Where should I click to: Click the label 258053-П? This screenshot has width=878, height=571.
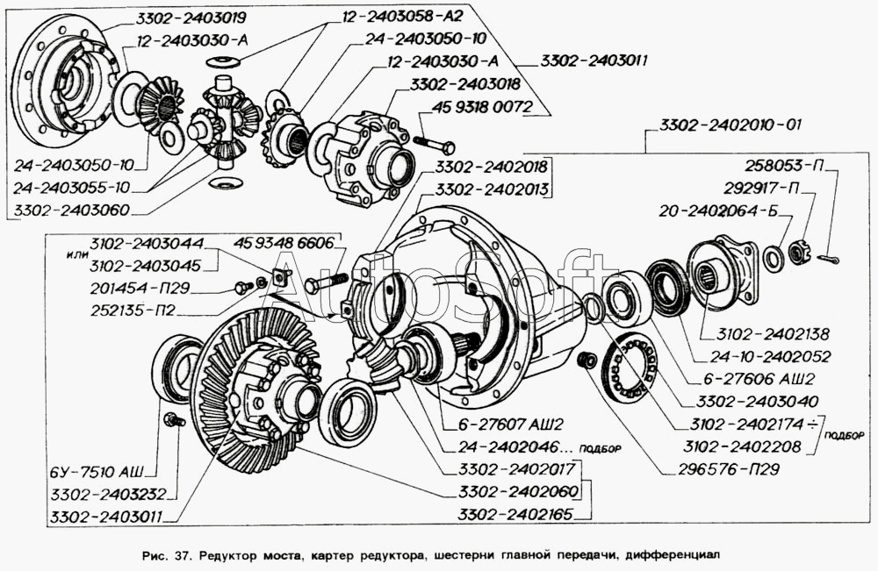(x=787, y=165)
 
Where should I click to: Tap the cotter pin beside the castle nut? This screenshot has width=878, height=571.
(x=830, y=257)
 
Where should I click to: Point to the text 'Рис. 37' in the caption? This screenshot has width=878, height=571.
(x=171, y=554)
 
